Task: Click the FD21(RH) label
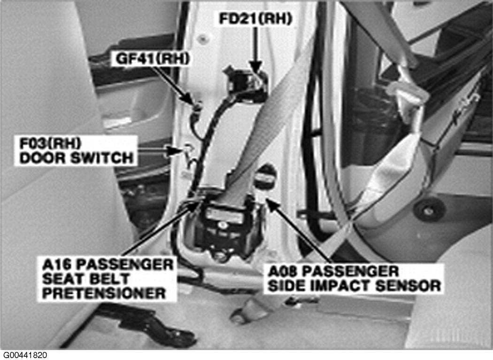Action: (255, 19)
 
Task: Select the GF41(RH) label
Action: (153, 59)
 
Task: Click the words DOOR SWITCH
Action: (77, 158)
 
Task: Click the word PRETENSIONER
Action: (104, 293)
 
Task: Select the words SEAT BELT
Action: (86, 279)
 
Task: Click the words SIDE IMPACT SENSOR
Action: (354, 286)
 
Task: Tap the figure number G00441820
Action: (25, 355)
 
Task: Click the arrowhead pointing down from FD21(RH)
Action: (256, 66)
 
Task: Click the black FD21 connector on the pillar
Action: (245, 82)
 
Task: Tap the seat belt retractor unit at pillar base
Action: (226, 225)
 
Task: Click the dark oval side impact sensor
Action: (265, 177)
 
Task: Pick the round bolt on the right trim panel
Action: (429, 210)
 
